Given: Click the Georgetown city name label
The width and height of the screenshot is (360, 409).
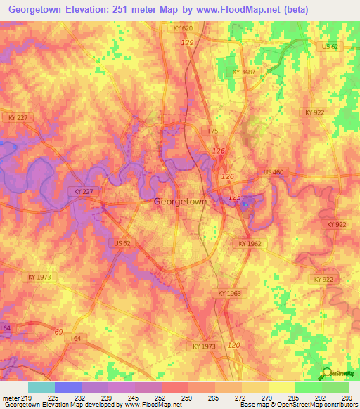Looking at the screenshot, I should coord(180,202).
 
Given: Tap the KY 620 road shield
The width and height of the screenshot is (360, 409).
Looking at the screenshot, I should coord(182,28).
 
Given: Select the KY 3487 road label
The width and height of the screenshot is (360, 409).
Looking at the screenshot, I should coord(244,72).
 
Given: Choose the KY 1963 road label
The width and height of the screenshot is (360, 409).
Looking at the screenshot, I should coord(229,294).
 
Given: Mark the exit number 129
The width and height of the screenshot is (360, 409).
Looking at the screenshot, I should coord(187,43).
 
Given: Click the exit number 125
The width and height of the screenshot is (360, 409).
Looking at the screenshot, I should coord(235,197).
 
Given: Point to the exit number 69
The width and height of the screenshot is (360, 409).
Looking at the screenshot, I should coord(58,330).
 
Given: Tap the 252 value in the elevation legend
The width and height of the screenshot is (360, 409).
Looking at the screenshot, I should coord(161,397).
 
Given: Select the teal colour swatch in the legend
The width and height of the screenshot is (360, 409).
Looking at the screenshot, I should coord(41,387).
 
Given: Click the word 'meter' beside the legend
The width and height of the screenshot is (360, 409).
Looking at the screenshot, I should coord(11,397).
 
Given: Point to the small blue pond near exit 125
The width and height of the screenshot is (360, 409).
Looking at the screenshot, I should coord(244,205).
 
